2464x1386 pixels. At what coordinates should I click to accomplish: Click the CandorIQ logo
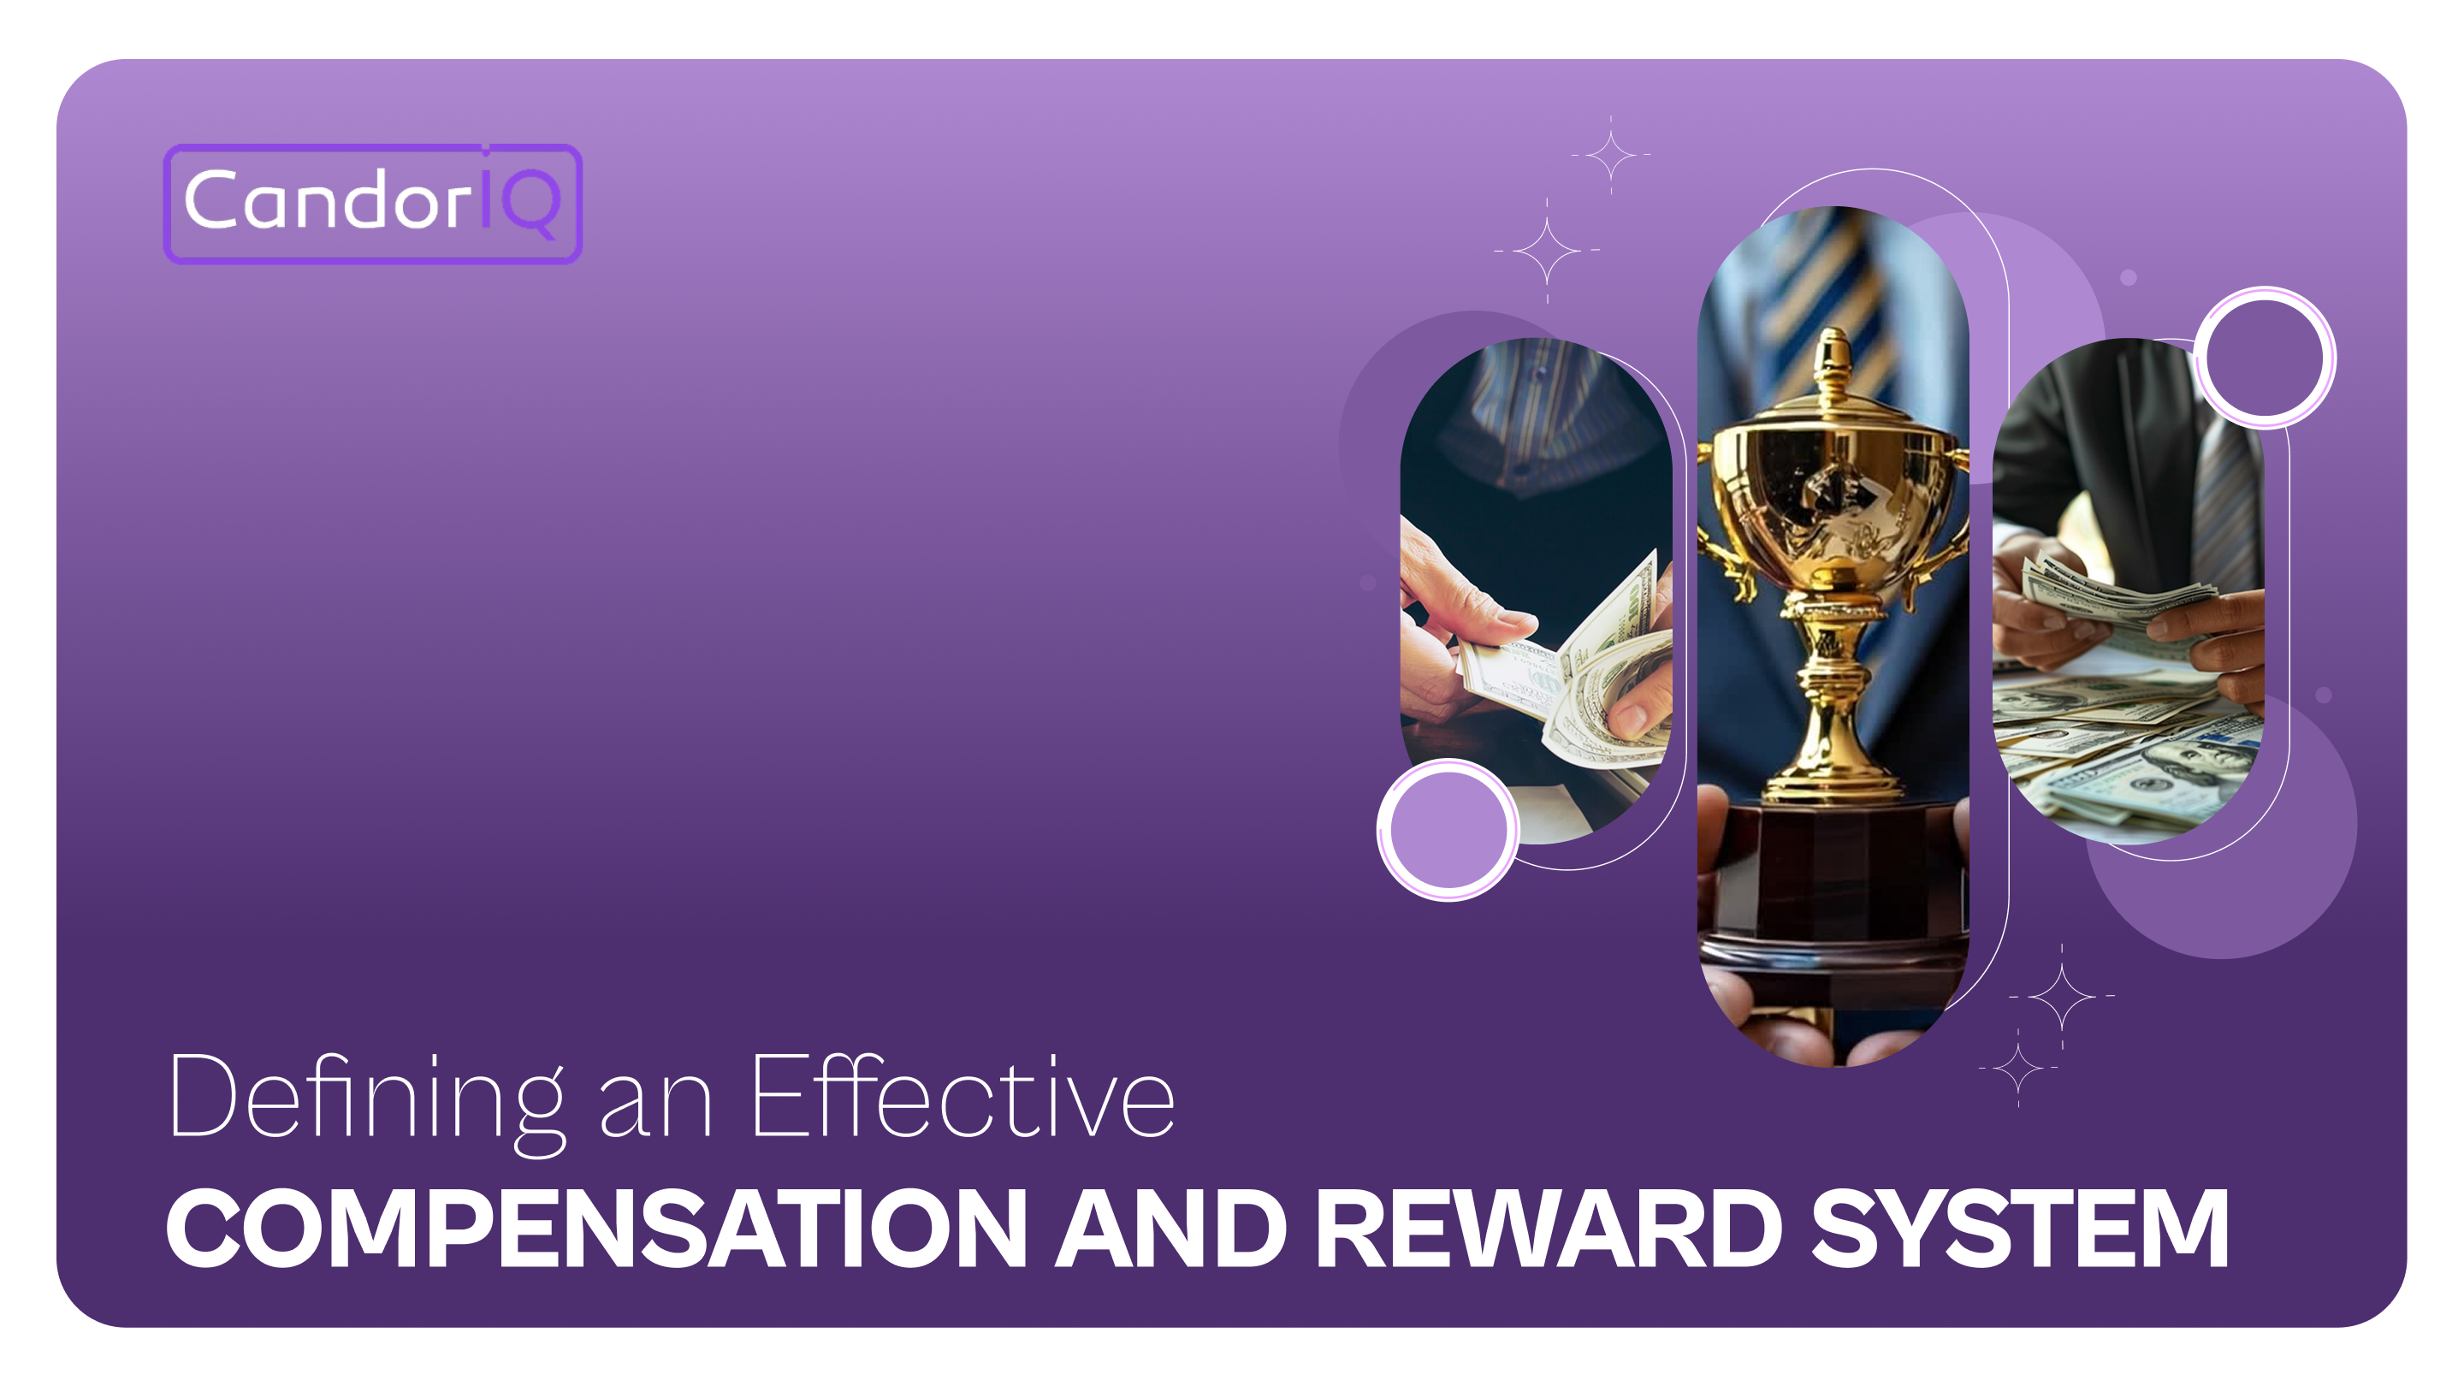(x=372, y=203)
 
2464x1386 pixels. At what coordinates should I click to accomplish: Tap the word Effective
(x=962, y=1097)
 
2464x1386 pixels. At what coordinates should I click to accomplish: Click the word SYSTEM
(x=2019, y=1229)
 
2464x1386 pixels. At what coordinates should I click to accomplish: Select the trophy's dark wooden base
(x=1833, y=880)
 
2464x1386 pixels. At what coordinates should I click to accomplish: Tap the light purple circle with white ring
(x=1448, y=829)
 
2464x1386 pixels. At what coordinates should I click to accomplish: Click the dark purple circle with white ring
(x=2264, y=358)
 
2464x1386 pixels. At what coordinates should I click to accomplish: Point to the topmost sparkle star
(x=1611, y=154)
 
